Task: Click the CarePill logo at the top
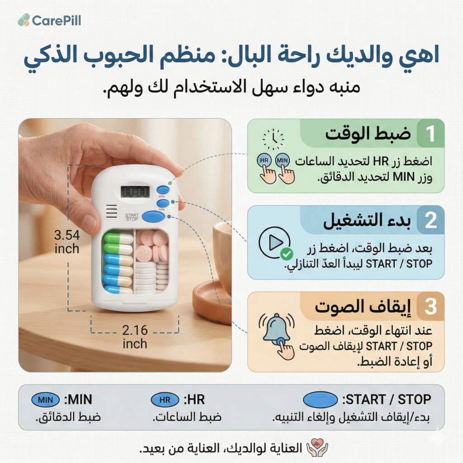(49, 20)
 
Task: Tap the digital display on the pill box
(135, 192)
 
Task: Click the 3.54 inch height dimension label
(67, 242)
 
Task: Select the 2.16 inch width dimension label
(135, 337)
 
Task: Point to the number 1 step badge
(430, 133)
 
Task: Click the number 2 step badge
(430, 220)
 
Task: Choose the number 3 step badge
(430, 307)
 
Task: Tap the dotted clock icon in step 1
(273, 139)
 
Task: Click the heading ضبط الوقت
(368, 134)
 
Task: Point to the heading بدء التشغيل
(367, 221)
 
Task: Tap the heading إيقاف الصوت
(363, 307)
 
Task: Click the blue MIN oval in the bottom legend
(46, 400)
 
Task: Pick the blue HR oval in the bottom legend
(165, 400)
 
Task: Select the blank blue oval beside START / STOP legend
(321, 400)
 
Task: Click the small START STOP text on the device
(132, 217)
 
